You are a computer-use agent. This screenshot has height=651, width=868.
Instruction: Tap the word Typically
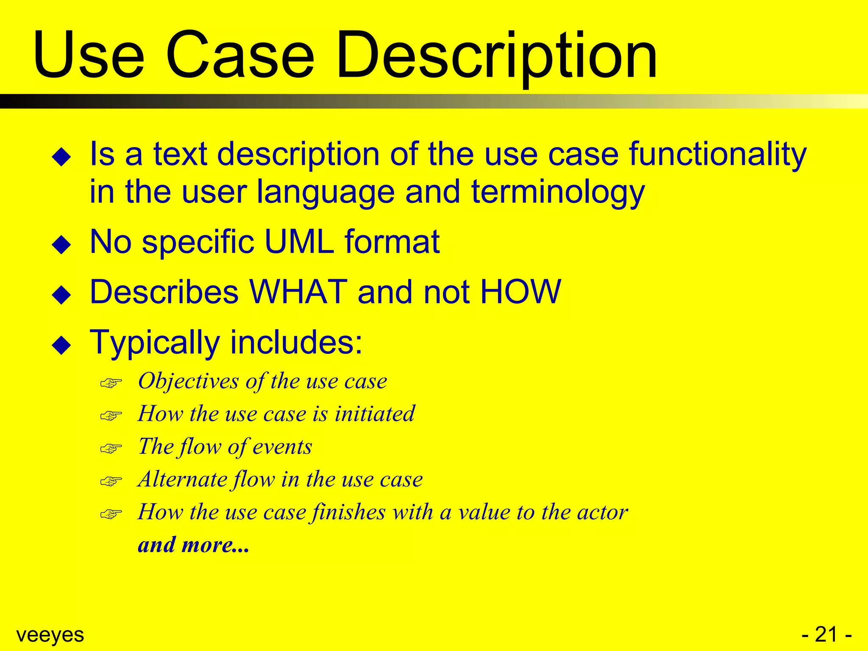(155, 342)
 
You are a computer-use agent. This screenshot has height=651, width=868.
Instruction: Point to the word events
(282, 447)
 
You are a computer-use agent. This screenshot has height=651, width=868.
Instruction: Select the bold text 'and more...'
(194, 545)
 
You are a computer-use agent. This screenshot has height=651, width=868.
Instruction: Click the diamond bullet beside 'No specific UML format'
(61, 245)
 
